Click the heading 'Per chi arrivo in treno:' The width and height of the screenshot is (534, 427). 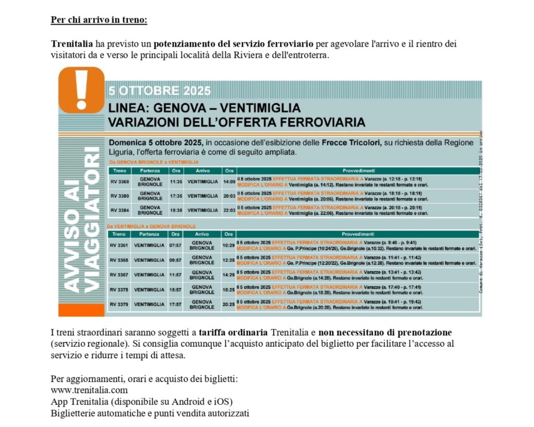[99, 20]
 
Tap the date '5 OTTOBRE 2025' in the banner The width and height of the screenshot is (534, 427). [160, 91]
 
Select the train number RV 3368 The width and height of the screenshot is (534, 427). [119, 181]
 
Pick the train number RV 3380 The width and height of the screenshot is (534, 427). [119, 196]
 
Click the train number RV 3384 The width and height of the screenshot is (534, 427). [119, 210]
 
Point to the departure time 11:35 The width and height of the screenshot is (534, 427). [176, 181]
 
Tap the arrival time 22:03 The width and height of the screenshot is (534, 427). [229, 210]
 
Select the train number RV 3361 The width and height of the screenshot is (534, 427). [119, 245]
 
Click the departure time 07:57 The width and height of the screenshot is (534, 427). [175, 245]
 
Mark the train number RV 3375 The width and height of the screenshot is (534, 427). [119, 289]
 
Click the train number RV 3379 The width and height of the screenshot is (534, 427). [119, 304]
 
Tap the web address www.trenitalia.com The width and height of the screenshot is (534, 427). [89, 390]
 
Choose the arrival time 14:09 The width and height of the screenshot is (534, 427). [229, 181]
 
